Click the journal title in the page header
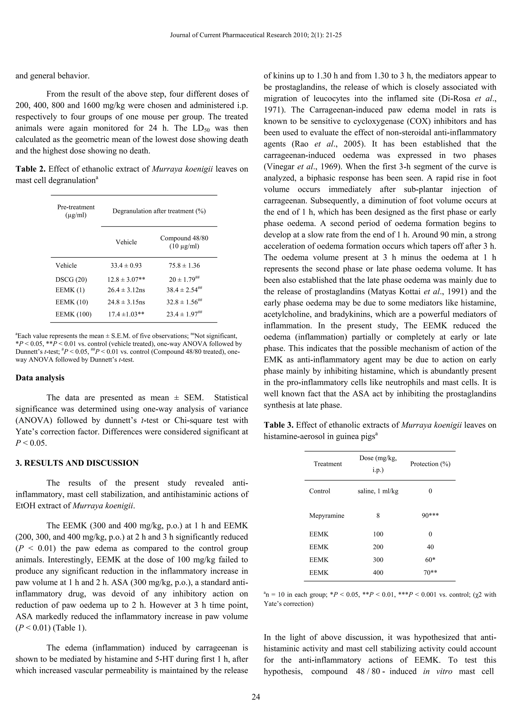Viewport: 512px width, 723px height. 256,35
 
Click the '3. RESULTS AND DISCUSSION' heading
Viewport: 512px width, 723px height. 77,463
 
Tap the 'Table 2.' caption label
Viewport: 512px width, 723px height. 30,169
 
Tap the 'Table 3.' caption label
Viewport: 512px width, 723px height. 279,425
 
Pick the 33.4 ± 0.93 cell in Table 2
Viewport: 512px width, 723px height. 126,265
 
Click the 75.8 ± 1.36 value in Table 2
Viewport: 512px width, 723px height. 184,265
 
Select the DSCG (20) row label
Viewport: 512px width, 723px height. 71,279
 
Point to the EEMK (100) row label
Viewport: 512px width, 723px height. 73,314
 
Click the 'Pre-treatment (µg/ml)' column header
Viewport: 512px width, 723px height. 76,211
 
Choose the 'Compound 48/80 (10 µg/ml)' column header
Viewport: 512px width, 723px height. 184,242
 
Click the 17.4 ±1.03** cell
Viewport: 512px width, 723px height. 126,314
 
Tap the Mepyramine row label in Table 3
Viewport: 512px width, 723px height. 326,516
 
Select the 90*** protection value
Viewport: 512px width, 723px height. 430,516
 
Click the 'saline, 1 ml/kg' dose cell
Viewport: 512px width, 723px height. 378,491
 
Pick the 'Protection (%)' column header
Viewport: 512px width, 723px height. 430,464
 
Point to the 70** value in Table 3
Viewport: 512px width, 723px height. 430,572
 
